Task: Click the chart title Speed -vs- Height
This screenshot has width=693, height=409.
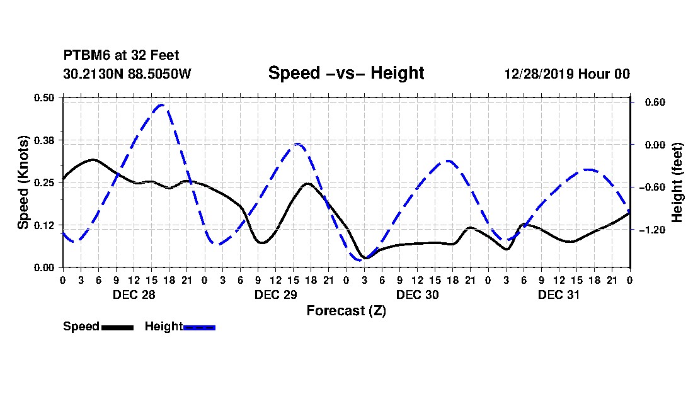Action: pyautogui.click(x=346, y=73)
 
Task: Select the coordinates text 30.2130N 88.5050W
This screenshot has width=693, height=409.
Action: pyautogui.click(x=127, y=74)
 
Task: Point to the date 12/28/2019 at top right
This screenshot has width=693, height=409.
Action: pyautogui.click(x=539, y=74)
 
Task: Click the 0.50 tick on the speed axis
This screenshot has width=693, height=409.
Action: pyautogui.click(x=44, y=98)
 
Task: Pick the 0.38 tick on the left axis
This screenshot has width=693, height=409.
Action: pyautogui.click(x=44, y=140)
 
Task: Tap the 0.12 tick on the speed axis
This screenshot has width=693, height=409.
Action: pyautogui.click(x=44, y=225)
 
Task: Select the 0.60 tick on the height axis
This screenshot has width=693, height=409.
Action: pyautogui.click(x=655, y=103)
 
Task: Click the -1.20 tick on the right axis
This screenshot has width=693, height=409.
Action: pyautogui.click(x=652, y=230)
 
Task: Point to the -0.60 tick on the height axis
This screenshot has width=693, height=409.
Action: pyautogui.click(x=652, y=188)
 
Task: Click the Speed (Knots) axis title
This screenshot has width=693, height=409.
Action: pyautogui.click(x=23, y=182)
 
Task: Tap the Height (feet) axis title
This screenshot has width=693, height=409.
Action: pyautogui.click(x=677, y=182)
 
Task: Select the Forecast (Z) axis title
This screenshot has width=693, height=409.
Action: pyautogui.click(x=346, y=311)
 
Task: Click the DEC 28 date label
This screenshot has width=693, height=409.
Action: pyautogui.click(x=134, y=294)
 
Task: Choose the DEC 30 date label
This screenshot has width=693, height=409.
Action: pyautogui.click(x=417, y=294)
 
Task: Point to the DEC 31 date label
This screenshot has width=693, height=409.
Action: pyautogui.click(x=559, y=294)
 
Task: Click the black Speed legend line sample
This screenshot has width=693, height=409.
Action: pyautogui.click(x=118, y=327)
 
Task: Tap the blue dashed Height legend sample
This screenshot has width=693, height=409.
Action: pyautogui.click(x=199, y=327)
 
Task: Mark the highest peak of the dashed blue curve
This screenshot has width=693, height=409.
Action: pyautogui.click(x=161, y=104)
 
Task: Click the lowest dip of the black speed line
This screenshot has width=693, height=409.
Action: pyautogui.click(x=365, y=257)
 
